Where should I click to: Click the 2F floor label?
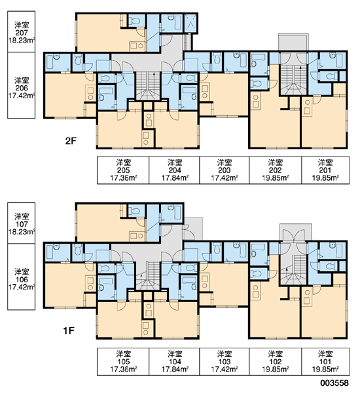click(71, 141)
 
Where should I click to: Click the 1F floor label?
click(69, 331)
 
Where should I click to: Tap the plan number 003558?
click(334, 383)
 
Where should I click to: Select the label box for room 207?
click(22, 31)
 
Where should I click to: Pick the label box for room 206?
click(22, 85)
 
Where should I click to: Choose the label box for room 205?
click(123, 170)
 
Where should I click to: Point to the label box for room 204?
click(175, 170)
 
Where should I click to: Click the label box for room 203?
click(225, 170)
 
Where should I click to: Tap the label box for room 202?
click(276, 170)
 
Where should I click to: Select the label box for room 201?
click(325, 170)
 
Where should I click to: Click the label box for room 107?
click(22, 223)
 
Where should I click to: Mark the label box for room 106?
click(22, 276)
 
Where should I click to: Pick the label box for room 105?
click(123, 362)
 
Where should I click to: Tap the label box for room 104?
click(175, 362)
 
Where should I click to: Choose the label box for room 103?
click(225, 362)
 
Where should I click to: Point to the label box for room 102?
click(276, 362)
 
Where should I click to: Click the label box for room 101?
click(325, 362)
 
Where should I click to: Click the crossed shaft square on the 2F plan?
click(190, 24)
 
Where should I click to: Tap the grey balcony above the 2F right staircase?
click(293, 42)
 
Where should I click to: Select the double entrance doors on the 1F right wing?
click(293, 236)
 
